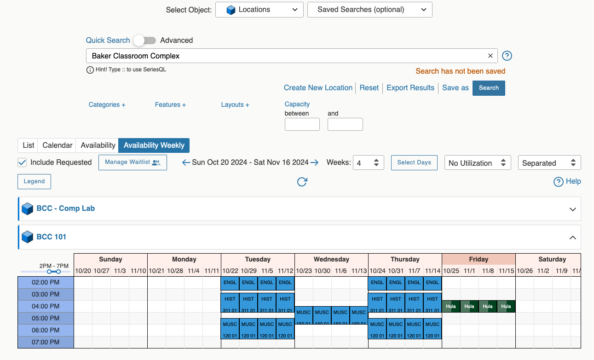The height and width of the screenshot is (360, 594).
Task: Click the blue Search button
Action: click(489, 88)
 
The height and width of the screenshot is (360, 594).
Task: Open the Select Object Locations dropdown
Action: click(259, 10)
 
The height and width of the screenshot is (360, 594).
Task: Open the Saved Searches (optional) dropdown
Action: click(369, 10)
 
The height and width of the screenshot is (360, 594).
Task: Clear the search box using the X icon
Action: click(490, 56)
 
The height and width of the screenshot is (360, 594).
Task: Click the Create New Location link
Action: click(318, 88)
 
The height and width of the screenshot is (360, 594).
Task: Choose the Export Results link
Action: click(410, 88)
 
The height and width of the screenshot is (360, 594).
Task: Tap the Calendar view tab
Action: click(58, 145)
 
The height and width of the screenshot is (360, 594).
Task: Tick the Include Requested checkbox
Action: click(22, 163)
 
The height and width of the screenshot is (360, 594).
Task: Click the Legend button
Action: click(34, 181)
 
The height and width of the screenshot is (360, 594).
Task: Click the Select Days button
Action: click(414, 163)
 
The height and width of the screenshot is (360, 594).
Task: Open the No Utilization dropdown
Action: click(477, 163)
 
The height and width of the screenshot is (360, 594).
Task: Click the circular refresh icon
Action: click(302, 182)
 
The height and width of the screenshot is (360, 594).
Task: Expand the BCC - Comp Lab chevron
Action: click(572, 209)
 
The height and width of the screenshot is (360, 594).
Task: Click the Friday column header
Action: click(479, 259)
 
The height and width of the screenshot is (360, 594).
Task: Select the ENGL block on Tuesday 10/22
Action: click(230, 283)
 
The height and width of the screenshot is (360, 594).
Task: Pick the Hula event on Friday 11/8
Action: click(488, 307)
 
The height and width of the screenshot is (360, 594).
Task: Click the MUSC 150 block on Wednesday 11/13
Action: click(359, 315)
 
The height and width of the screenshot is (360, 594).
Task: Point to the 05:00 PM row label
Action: click(46, 318)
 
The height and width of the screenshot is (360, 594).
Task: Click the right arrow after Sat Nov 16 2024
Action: click(314, 163)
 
